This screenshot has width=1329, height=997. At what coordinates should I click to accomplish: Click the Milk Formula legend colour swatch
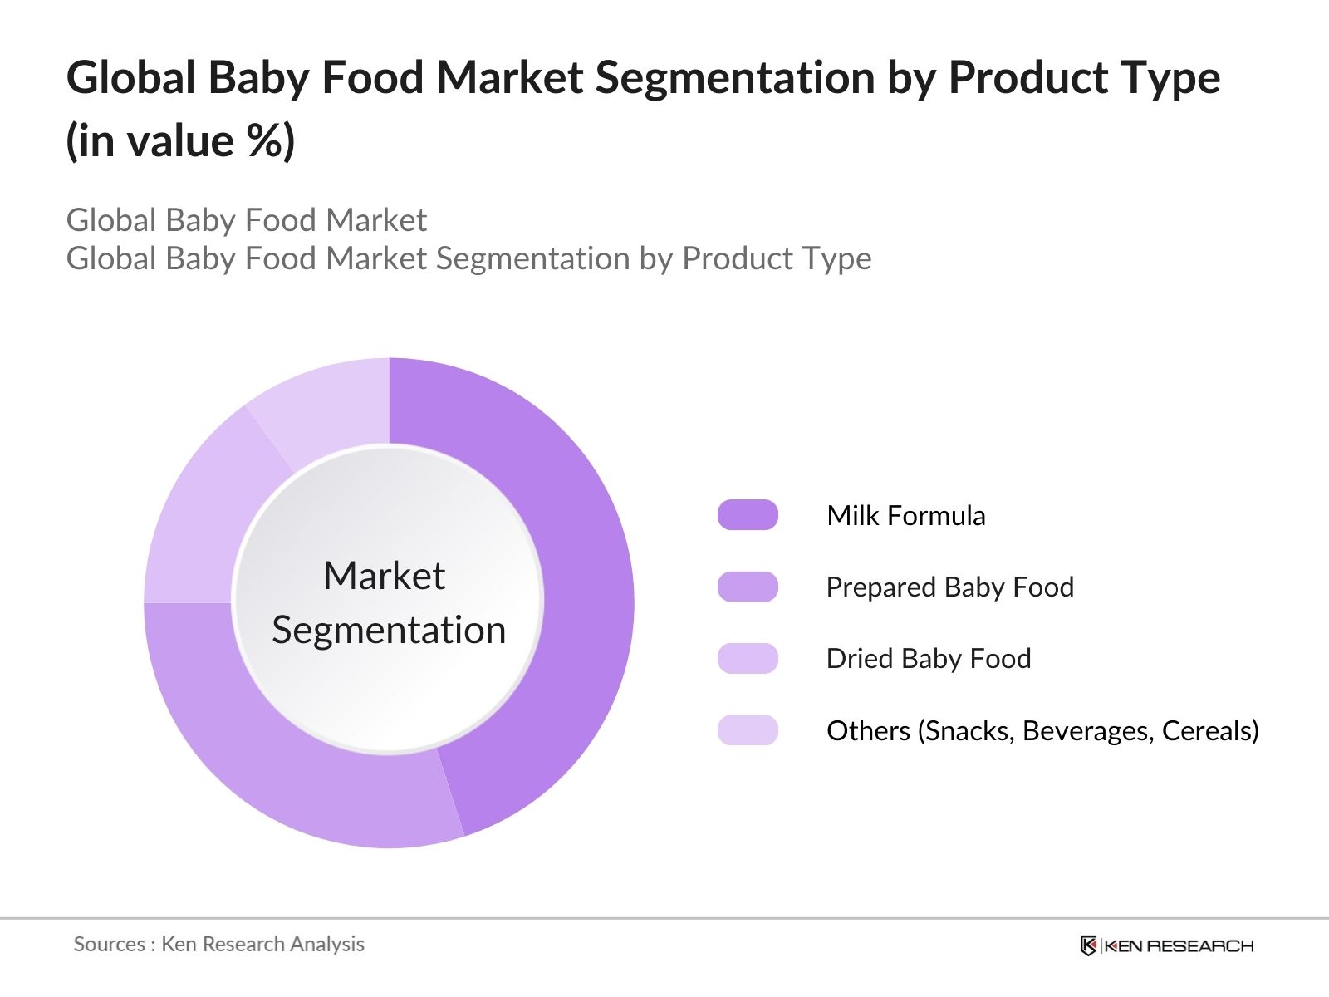pyautogui.click(x=748, y=515)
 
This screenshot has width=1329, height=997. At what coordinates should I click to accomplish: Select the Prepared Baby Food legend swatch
pyautogui.click(x=748, y=587)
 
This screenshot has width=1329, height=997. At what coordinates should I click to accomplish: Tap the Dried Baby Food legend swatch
pyautogui.click(x=748, y=658)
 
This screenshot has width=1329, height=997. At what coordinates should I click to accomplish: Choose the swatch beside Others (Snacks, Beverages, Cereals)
pyautogui.click(x=748, y=730)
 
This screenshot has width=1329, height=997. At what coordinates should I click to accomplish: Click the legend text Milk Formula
pyautogui.click(x=906, y=515)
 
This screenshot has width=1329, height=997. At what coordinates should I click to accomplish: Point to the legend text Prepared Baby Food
pyautogui.click(x=949, y=587)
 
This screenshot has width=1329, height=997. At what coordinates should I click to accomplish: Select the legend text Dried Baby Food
pyautogui.click(x=928, y=658)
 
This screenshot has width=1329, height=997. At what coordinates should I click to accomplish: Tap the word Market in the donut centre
pyautogui.click(x=385, y=575)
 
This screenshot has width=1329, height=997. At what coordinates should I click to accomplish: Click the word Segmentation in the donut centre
pyautogui.click(x=389, y=630)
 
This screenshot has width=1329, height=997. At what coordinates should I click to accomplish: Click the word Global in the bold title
pyautogui.click(x=130, y=77)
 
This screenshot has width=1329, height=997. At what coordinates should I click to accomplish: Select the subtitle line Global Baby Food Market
pyautogui.click(x=246, y=220)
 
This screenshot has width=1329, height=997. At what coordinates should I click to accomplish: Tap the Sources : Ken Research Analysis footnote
pyautogui.click(x=219, y=944)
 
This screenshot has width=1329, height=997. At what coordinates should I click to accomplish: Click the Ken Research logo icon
pyautogui.click(x=1087, y=945)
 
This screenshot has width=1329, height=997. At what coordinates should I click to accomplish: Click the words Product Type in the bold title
pyautogui.click(x=1084, y=77)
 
